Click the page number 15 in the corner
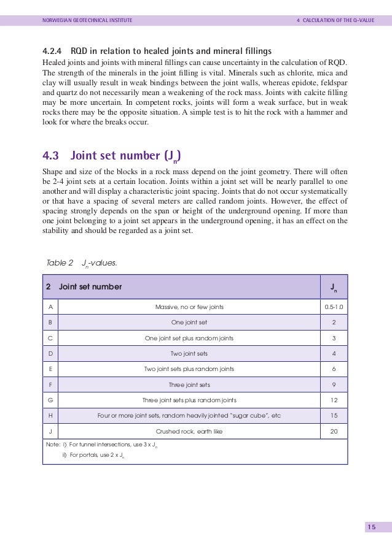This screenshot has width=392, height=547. (371, 528)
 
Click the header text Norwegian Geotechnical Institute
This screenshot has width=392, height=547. (87, 21)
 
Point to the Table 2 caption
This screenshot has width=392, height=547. (82, 263)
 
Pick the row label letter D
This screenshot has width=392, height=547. (49, 353)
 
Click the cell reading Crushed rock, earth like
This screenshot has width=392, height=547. (189, 431)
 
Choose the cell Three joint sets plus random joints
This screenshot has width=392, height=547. (189, 400)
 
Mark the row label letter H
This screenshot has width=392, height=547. (49, 416)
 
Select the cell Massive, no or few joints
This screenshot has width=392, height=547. (189, 307)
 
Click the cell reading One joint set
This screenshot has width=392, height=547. (189, 322)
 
